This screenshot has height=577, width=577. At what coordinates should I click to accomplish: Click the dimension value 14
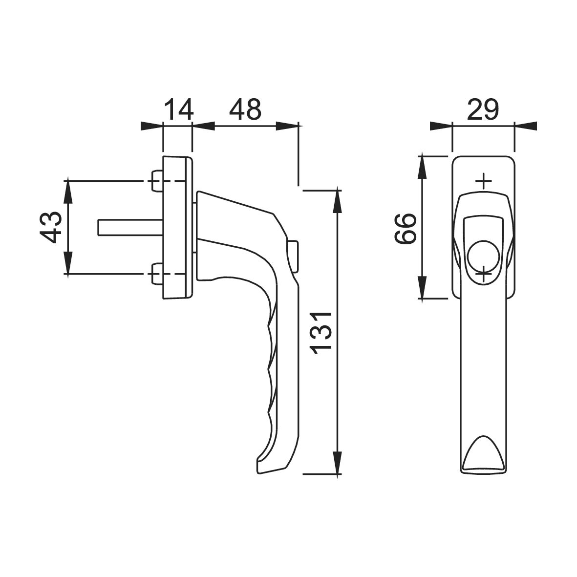[x=178, y=109]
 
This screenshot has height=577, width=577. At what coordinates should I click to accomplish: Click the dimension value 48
[x=245, y=109]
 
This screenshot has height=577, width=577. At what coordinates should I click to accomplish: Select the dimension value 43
[x=50, y=227]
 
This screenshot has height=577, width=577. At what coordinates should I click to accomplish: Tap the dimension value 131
[x=321, y=333]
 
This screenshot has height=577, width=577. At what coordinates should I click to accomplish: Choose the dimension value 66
[x=405, y=228]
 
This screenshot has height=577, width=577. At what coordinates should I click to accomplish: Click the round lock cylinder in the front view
[x=484, y=256]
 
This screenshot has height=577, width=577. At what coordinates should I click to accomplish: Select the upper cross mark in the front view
[x=484, y=181]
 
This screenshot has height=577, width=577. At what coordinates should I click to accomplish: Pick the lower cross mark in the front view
[x=484, y=274]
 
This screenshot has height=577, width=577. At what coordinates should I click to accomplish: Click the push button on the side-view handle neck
[x=294, y=256]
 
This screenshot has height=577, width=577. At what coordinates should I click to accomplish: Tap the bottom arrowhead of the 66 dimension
[x=423, y=288]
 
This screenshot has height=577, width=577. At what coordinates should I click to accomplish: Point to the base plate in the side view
[x=177, y=228]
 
